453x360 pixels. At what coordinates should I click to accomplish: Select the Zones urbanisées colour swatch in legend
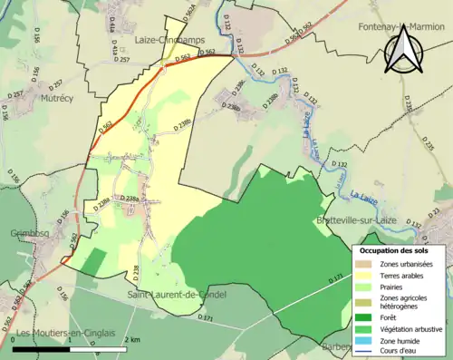coord(367,264)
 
